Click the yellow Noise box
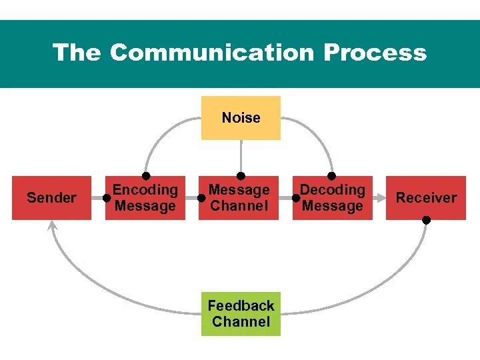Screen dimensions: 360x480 (x=241, y=118)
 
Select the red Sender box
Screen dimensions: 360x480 (x=51, y=198)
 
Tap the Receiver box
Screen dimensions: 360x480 (x=426, y=198)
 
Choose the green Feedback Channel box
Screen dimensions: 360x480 (x=241, y=314)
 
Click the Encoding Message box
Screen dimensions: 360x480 (x=145, y=198)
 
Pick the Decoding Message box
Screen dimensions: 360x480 (x=333, y=198)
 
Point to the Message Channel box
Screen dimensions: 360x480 (x=239, y=198)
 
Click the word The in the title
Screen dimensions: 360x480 (x=77, y=53)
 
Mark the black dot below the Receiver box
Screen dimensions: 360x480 (x=426, y=220)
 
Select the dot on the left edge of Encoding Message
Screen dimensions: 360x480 (x=107, y=198)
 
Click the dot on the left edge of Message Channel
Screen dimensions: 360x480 (x=201, y=198)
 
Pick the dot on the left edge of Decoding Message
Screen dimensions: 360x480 (x=295, y=198)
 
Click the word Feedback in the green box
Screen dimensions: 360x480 (x=241, y=306)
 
